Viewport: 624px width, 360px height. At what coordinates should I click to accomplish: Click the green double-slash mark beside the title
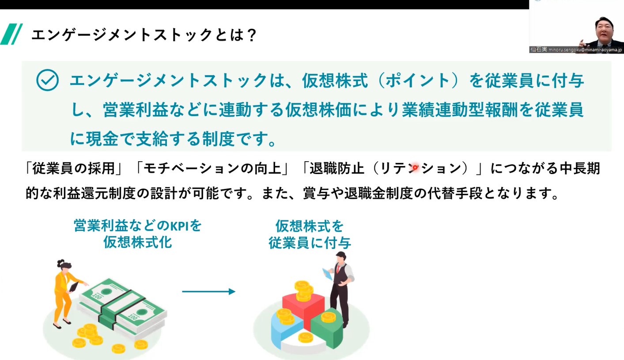click(x=11, y=34)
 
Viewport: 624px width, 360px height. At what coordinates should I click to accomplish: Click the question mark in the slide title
click(x=251, y=35)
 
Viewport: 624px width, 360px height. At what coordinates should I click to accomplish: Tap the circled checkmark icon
click(x=47, y=80)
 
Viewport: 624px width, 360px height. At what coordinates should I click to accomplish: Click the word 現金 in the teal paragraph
click(x=102, y=139)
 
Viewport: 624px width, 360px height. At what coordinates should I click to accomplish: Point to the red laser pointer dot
click(x=415, y=168)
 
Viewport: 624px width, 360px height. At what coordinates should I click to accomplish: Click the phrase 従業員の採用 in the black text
click(x=74, y=168)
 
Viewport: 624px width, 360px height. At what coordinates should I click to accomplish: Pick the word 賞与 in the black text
click(x=317, y=193)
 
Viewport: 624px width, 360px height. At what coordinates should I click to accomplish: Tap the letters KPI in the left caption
click(x=179, y=226)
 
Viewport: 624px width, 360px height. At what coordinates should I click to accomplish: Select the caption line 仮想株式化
click(x=138, y=242)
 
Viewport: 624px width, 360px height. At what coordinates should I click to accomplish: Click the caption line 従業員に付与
click(x=310, y=243)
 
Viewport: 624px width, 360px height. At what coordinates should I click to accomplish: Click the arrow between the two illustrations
click(x=208, y=292)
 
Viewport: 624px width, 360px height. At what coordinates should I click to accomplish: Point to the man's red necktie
click(x=338, y=269)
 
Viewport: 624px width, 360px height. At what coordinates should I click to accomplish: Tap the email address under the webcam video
click(x=585, y=50)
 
